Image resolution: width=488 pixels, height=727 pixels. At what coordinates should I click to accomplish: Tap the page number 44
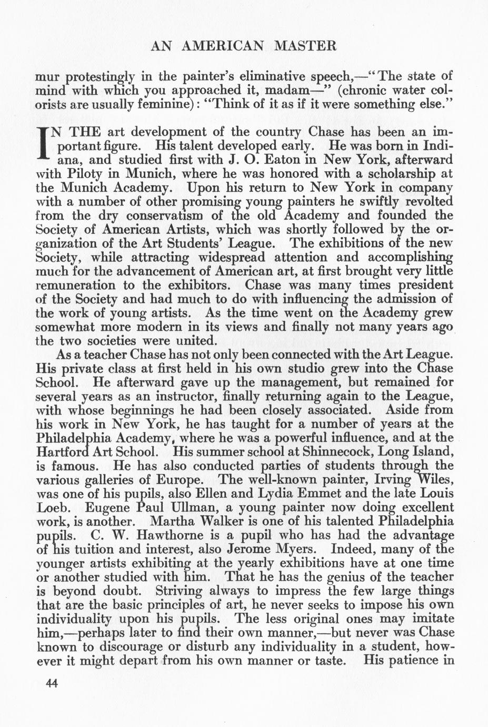click(x=52, y=683)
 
